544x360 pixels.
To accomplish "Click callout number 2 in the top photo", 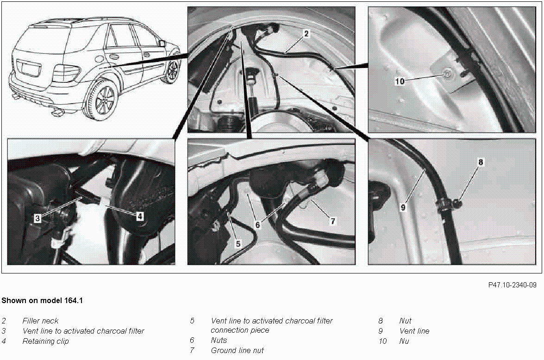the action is [x=306, y=34].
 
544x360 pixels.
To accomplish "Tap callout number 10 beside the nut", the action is [x=400, y=81].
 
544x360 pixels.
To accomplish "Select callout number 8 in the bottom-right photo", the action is [x=481, y=162].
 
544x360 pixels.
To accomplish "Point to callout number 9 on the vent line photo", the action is [x=403, y=207].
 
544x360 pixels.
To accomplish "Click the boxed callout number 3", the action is [x=38, y=218].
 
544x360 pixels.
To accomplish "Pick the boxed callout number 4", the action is [x=139, y=217].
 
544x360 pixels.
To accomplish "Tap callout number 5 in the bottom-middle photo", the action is [x=238, y=244].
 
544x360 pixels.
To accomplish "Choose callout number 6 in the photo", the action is [x=257, y=225].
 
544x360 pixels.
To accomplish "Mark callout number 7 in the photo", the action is [x=333, y=221].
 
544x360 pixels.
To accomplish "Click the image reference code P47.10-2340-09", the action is [x=512, y=285].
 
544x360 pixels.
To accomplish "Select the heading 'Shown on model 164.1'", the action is [x=42, y=300].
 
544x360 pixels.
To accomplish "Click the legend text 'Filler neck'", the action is [x=40, y=321].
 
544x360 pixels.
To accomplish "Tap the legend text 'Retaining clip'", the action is [x=45, y=341].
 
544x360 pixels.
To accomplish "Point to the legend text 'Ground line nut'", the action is [x=238, y=351].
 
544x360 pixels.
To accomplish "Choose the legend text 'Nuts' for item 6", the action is [x=219, y=340].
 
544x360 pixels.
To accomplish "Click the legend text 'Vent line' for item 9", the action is [x=414, y=331].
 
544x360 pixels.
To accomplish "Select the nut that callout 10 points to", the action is [x=448, y=73].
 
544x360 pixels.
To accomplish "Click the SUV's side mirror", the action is [x=162, y=43].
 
